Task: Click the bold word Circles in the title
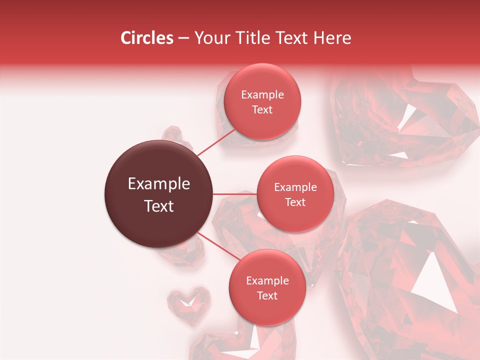(146, 38)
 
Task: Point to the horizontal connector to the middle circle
(235, 194)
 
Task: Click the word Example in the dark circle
(158, 184)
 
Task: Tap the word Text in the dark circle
(158, 206)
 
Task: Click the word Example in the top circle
(262, 95)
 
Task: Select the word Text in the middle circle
(295, 202)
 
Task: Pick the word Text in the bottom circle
(267, 296)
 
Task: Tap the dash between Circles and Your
(183, 38)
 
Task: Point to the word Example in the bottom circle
(267, 281)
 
